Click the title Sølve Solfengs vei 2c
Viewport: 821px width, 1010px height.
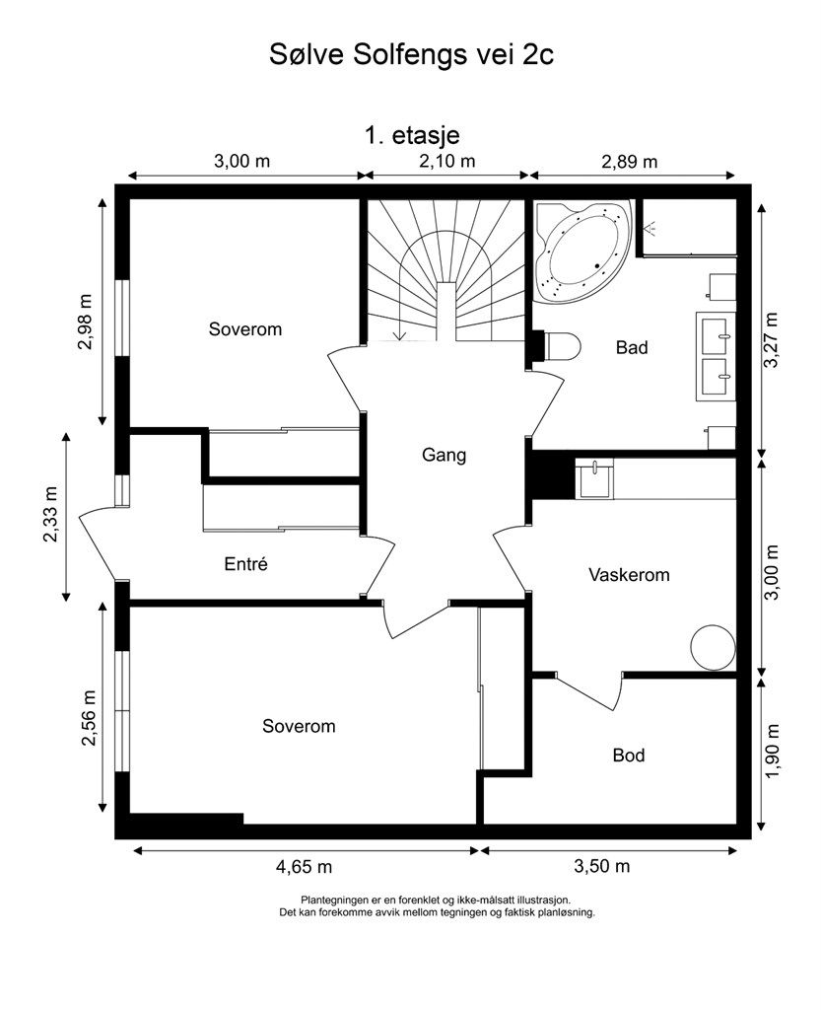[x=411, y=55]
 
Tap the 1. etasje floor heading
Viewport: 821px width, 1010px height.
[x=412, y=136]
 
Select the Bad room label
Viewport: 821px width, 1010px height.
[x=631, y=348]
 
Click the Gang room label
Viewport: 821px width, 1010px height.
[x=444, y=456]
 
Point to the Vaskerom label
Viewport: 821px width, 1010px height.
[x=629, y=575]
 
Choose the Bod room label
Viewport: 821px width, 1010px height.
[x=629, y=755]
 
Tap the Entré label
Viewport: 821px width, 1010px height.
[x=245, y=564]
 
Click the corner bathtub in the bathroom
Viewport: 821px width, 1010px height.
[x=582, y=252]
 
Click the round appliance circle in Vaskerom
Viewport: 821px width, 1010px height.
[x=713, y=647]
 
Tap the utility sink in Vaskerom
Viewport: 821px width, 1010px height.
[x=594, y=478]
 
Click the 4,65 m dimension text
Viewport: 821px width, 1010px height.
[x=305, y=867]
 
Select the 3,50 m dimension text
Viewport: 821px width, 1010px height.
[x=601, y=866]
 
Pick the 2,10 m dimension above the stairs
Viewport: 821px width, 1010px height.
[x=447, y=161]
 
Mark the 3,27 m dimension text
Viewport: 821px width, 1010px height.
[x=771, y=339]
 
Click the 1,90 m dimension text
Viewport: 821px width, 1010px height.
[x=772, y=751]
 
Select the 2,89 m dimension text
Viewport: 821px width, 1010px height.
[x=629, y=162]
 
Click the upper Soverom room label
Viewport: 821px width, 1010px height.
[x=245, y=329]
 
